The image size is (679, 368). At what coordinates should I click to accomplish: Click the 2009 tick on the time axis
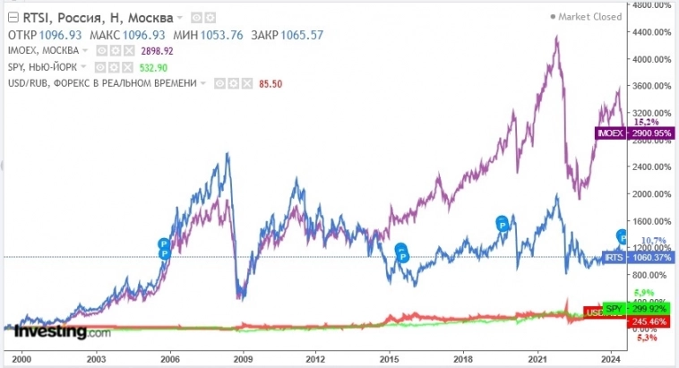click(x=241, y=358)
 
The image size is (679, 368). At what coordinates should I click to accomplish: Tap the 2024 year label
click(x=611, y=358)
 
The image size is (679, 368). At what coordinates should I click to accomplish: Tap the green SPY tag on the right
click(x=614, y=308)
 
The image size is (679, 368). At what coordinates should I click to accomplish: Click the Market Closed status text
click(x=589, y=16)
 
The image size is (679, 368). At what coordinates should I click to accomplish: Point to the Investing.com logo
click(x=62, y=332)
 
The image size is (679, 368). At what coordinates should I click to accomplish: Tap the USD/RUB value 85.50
click(x=246, y=82)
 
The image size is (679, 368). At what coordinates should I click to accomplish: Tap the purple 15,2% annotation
click(x=646, y=121)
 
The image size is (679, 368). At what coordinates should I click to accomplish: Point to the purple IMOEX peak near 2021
click(x=557, y=39)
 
